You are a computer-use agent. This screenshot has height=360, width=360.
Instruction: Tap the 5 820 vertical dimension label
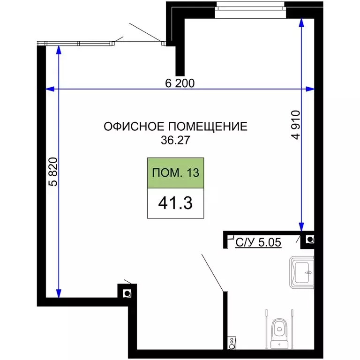[52, 172]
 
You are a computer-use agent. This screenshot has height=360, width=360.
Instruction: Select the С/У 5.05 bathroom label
[258, 243]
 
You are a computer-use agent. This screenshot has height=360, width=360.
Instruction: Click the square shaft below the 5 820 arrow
[127, 293]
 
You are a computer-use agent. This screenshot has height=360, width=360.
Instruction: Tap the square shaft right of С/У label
[310, 240]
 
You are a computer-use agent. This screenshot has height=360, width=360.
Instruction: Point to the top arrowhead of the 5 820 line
[58, 50]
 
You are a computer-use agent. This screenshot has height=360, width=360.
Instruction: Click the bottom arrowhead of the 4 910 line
[301, 225]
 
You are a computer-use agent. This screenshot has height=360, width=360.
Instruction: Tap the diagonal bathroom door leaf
[213, 272]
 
